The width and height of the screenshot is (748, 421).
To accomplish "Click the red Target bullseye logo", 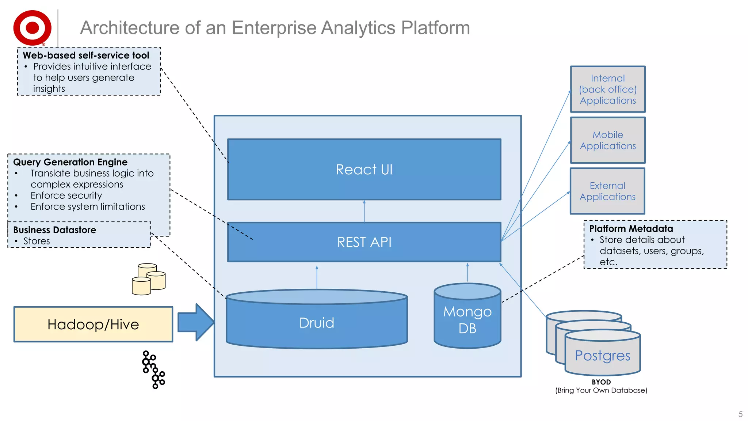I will (x=32, y=28).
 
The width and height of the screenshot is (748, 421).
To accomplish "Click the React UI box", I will (x=364, y=170).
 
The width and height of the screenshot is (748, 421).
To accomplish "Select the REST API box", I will (x=364, y=242).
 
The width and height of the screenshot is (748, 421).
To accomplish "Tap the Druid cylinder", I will (x=317, y=323).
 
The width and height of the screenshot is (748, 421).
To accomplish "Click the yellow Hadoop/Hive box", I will (x=93, y=325).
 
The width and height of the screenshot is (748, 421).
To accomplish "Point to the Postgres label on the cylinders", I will (x=602, y=356).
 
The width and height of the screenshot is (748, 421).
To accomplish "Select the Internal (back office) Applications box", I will (x=608, y=89).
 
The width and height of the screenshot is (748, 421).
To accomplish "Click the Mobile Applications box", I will (x=608, y=140).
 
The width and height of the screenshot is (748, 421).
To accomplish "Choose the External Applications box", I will (x=607, y=191).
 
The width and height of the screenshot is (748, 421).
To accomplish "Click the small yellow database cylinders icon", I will (x=148, y=279).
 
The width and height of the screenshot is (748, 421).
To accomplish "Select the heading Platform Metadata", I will (x=631, y=229).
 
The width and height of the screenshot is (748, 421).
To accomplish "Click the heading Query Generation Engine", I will (x=70, y=162).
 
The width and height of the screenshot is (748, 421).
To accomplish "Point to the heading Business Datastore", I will (x=54, y=230).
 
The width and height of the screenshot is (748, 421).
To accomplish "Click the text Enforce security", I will (x=66, y=196).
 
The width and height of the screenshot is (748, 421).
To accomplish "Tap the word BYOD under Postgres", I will (x=601, y=382).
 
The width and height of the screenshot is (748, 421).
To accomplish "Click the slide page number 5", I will (x=740, y=414).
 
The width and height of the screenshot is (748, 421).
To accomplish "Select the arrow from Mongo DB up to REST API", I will (x=467, y=272).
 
